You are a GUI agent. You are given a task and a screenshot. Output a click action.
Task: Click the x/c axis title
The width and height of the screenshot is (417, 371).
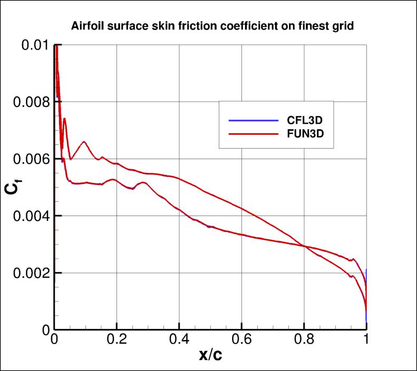(x=210, y=356)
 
